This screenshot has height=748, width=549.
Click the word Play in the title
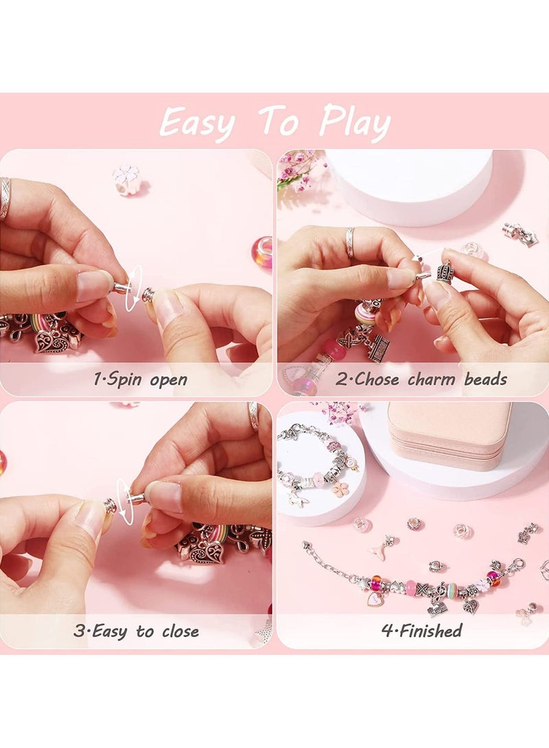355,123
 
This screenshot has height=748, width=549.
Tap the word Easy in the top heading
197,124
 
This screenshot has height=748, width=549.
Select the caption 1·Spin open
140,379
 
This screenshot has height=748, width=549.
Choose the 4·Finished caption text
421,631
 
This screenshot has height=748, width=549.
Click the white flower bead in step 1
127,180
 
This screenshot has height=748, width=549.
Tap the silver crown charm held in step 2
445,272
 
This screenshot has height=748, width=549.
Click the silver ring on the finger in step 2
350,243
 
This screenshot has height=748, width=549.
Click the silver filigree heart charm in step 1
52,340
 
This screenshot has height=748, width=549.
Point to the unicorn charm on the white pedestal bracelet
296,498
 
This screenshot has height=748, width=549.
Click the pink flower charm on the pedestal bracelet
340,490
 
